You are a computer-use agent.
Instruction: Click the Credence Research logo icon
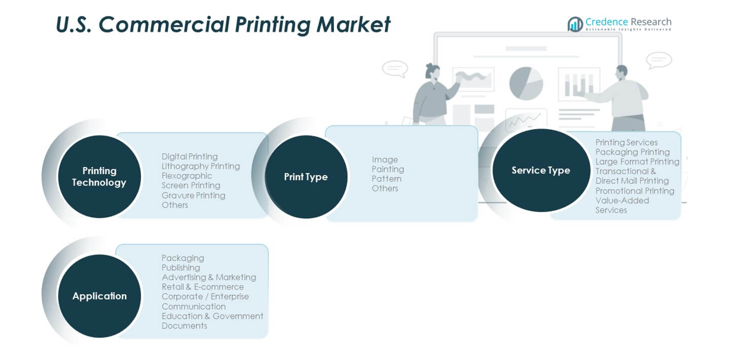(576, 24)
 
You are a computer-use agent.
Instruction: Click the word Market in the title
(353, 25)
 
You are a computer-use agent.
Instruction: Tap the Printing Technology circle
(99, 176)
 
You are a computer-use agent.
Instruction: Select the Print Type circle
(306, 177)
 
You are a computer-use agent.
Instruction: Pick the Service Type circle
(541, 170)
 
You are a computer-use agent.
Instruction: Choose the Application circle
(99, 296)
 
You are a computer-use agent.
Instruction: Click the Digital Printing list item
(189, 157)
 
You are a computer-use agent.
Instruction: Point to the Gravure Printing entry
(194, 195)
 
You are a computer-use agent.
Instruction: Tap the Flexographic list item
(187, 176)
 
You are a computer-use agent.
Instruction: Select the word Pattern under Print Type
(387, 179)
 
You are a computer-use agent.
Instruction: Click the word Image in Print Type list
(385, 160)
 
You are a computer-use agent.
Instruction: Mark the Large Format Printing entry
(638, 162)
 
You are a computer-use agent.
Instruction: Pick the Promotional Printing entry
(635, 191)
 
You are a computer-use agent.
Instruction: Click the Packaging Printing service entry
(632, 152)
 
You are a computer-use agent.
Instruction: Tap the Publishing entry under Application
(181, 268)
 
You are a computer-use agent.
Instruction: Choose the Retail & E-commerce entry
(203, 287)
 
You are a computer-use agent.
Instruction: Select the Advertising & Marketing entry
(208, 277)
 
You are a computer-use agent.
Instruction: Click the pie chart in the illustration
(526, 83)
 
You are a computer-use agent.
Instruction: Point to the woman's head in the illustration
(433, 71)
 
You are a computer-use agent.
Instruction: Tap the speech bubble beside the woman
(395, 68)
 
